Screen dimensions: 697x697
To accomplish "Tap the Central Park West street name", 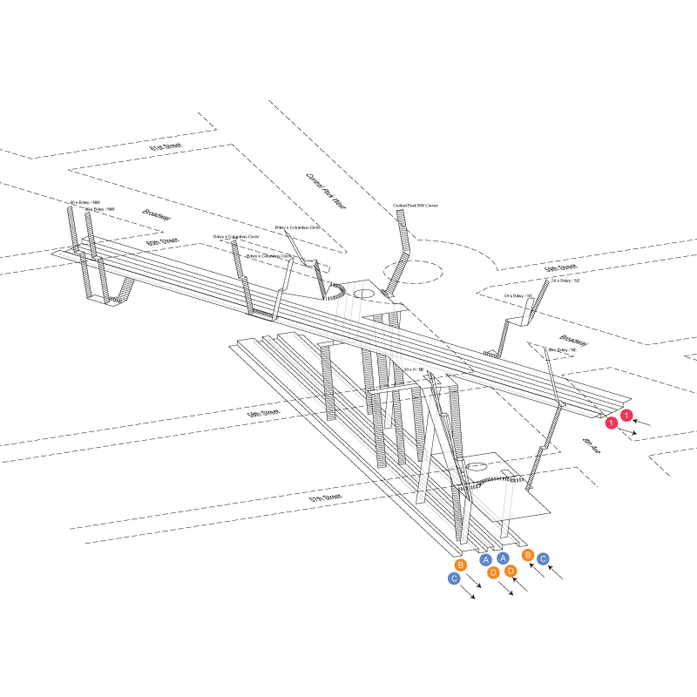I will [x=326, y=190].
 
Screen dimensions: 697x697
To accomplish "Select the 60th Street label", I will [x=162, y=241].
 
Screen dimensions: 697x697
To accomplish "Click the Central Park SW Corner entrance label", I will [x=415, y=206].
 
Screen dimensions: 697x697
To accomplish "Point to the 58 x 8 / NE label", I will [x=415, y=369].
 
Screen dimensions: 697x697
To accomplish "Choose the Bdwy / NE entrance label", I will [x=562, y=349].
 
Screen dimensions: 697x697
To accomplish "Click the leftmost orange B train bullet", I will [x=461, y=565].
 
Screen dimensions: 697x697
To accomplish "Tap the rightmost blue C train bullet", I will [x=543, y=558].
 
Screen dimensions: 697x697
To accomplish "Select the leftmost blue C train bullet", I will [x=454, y=579].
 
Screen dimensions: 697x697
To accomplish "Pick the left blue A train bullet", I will [x=486, y=559].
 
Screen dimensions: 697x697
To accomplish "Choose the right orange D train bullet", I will [x=511, y=572].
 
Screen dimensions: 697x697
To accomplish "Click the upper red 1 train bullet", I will [x=626, y=416].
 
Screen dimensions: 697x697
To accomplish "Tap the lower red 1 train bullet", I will [x=612, y=423].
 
